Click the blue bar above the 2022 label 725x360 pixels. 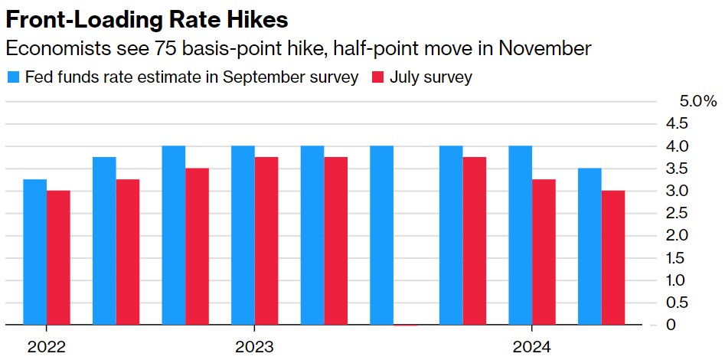pos(34,252)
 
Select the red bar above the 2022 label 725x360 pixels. pos(58,257)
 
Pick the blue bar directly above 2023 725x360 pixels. pos(243,235)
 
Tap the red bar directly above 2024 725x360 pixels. pos(544,252)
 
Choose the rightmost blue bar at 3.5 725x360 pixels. pos(589,247)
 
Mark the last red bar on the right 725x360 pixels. pos(612,257)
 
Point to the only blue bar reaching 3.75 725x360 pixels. pos(104,241)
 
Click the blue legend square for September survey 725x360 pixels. pos(13,77)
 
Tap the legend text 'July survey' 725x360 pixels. pos(431,77)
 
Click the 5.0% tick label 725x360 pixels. pos(697,101)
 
